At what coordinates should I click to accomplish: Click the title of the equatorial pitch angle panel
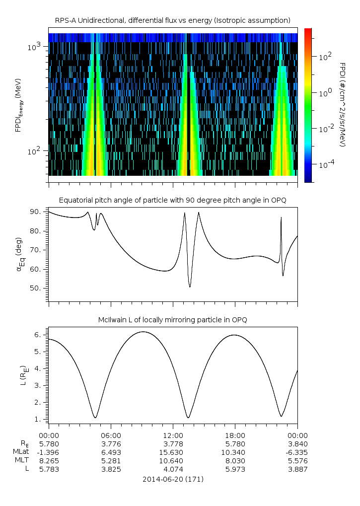click(172, 200)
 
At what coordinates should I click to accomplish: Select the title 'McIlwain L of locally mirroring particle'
click(172, 319)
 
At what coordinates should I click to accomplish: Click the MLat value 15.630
click(172, 452)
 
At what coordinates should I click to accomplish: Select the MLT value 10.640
click(172, 461)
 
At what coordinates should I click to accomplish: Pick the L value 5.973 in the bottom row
click(234, 469)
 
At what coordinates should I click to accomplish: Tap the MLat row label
click(21, 452)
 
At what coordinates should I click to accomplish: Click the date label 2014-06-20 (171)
click(172, 480)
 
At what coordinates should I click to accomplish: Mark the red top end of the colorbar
click(308, 31)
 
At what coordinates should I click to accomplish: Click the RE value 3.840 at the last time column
click(297, 444)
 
